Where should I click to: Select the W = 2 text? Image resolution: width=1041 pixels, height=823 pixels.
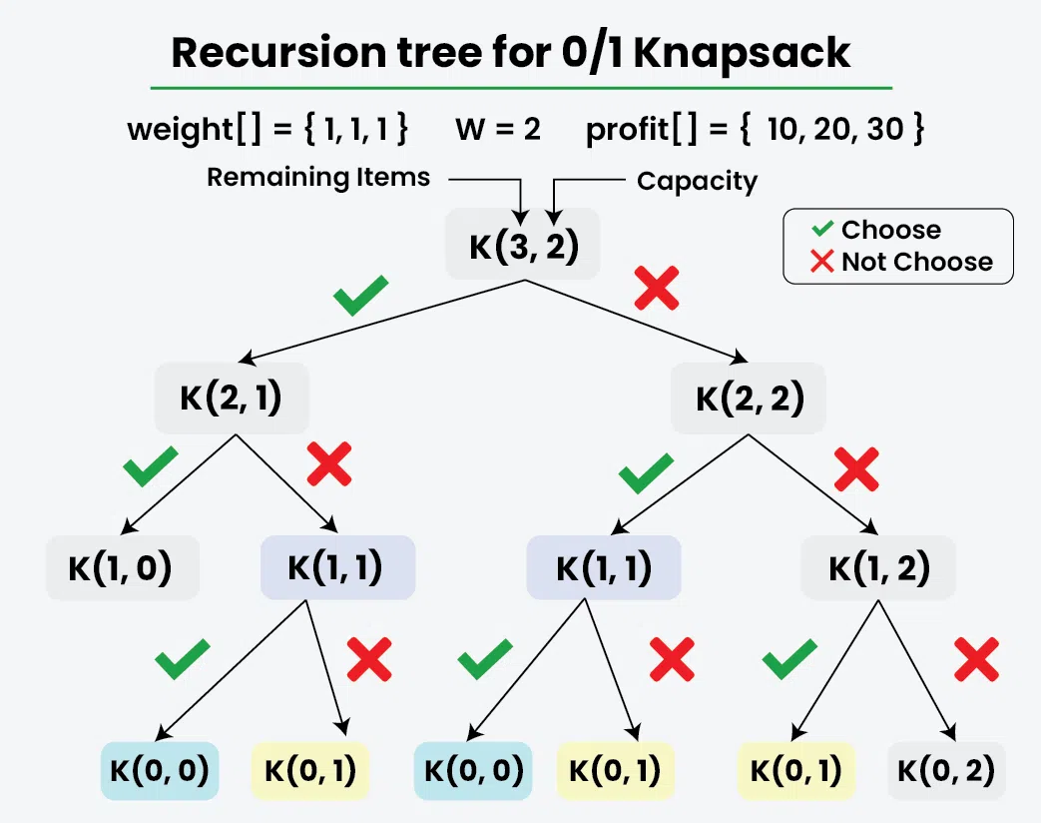498,130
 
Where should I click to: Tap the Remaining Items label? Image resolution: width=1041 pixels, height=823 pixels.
318,178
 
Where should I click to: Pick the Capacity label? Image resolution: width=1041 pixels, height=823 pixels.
697,182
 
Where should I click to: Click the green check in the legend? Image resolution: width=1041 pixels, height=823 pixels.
822,230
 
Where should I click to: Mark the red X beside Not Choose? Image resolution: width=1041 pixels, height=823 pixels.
822,263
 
